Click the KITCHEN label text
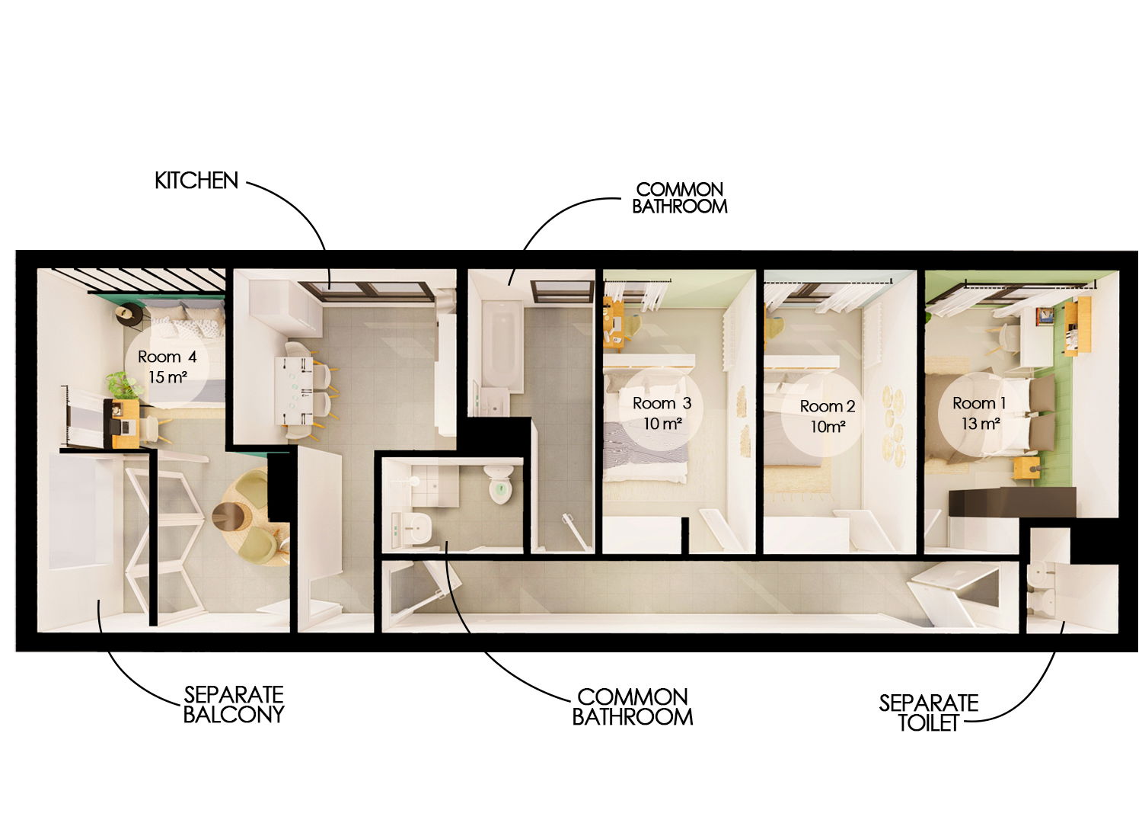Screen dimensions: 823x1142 196,181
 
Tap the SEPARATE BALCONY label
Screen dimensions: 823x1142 234,704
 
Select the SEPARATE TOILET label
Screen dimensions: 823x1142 928,712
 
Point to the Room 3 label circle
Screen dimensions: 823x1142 662,412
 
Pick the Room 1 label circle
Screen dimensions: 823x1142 979,412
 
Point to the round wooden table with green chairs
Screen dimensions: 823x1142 231,516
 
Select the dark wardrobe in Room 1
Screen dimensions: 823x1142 1012,502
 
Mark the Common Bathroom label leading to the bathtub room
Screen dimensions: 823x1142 679,197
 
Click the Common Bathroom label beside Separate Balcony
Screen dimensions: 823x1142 632,706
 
